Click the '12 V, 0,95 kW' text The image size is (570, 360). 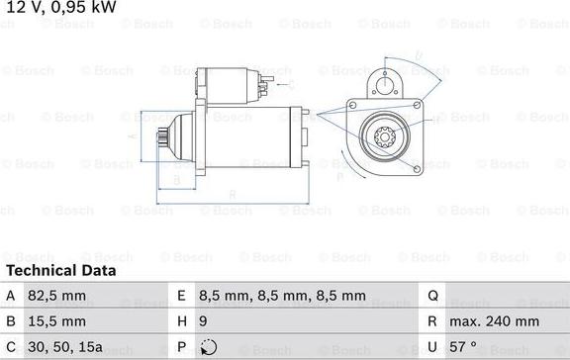point(60,8)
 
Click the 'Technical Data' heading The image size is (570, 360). point(61,270)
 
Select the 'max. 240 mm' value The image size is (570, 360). point(495,321)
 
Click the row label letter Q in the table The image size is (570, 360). point(432,296)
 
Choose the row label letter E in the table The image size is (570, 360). point(182,296)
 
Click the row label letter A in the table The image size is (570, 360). point(11,296)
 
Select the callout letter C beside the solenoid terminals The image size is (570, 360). point(288,72)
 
